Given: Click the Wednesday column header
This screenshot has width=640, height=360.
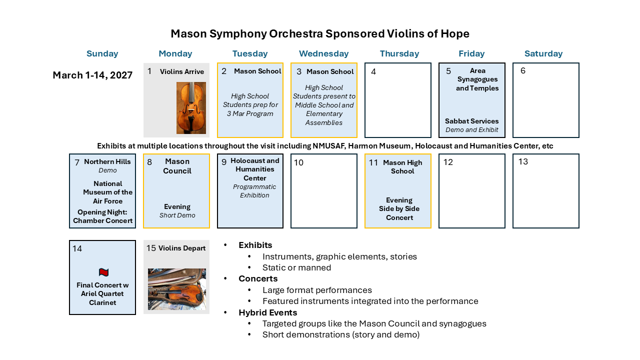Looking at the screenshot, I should (323, 53).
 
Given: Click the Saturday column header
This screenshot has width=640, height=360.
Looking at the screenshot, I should (543, 53).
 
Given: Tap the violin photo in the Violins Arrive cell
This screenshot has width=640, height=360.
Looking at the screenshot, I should (191, 108).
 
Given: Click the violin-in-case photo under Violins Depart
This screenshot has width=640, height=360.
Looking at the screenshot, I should (177, 289).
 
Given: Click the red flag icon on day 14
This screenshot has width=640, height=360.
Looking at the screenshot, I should (103, 272).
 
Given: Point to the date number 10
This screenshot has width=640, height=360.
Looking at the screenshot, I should (298, 162).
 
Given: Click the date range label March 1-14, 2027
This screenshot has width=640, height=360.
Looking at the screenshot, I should (92, 75).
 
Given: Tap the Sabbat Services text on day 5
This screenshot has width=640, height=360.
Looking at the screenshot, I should (472, 121).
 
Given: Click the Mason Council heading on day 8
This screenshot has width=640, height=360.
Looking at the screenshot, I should (177, 166).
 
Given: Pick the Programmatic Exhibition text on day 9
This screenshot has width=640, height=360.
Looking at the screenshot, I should (254, 191).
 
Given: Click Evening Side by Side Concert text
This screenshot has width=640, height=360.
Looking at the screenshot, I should (399, 209).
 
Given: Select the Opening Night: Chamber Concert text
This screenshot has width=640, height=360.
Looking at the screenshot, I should (103, 216).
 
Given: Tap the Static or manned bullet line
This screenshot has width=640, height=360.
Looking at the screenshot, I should (296, 267).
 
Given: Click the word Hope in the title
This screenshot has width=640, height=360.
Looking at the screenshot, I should (454, 33).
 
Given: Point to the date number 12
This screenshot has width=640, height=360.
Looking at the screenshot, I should (448, 162).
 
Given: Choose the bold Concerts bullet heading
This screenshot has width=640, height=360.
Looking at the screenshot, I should (258, 278).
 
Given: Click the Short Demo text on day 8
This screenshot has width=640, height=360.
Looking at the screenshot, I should (177, 215).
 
